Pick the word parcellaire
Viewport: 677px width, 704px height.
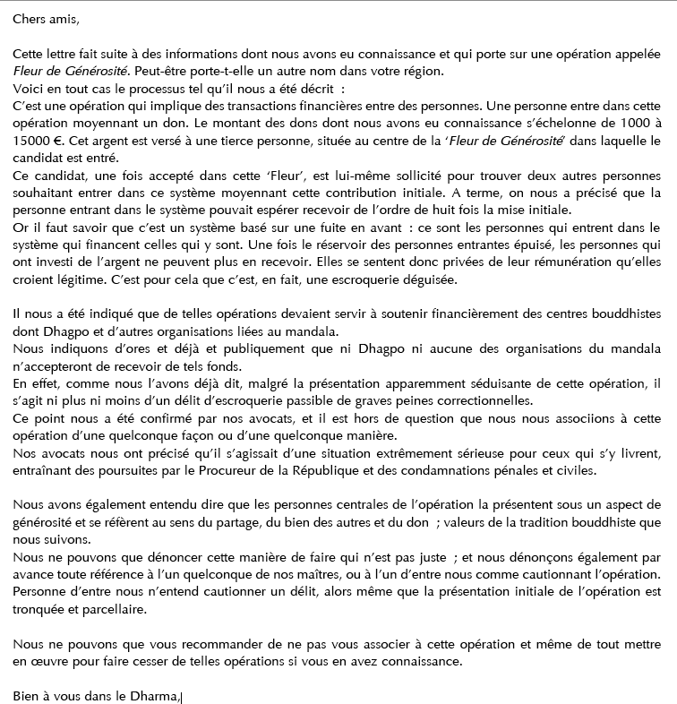coord(118,608)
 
